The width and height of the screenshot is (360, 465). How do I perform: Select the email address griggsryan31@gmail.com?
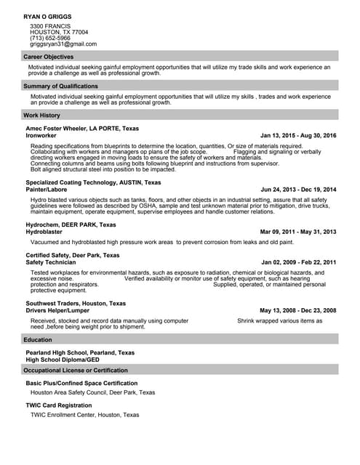63,44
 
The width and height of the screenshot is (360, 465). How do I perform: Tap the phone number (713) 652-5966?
55,39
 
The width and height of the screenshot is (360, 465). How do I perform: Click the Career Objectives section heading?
48,57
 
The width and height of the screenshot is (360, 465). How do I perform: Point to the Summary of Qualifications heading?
60,86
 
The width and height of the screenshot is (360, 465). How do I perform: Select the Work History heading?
41,115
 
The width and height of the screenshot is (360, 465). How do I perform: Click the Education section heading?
38,339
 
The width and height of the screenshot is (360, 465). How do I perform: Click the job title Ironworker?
41,135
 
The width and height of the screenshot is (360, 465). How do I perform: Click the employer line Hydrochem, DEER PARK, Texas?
71,225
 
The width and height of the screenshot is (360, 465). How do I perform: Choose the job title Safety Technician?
51,262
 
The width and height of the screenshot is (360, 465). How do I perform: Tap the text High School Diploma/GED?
63,359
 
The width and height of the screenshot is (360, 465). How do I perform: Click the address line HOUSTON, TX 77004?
59,33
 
